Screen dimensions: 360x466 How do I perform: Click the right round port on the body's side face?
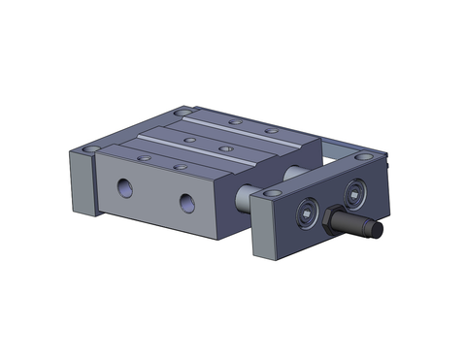tap(186, 204)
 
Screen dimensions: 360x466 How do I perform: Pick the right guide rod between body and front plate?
tap(294, 173)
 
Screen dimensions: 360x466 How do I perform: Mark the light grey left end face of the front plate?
tap(259, 231)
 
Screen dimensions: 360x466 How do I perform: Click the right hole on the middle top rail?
tap(224, 148)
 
